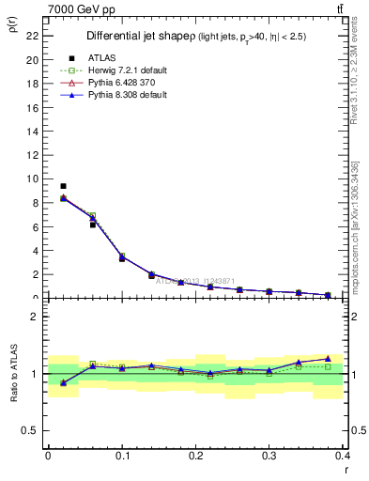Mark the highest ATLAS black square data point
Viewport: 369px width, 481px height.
63,186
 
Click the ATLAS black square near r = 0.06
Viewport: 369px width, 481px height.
93,225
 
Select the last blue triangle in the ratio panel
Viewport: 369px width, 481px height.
328,358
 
